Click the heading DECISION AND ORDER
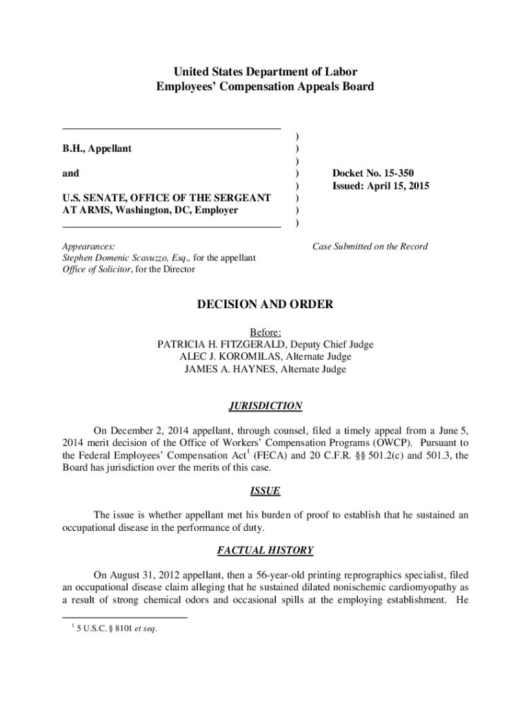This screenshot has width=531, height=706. coord(265,304)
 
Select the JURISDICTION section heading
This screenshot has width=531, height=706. coord(265,406)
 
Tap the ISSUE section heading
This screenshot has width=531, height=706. coord(265,492)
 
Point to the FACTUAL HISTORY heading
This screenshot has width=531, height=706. coord(265,550)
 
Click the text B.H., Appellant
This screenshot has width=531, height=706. coord(97,148)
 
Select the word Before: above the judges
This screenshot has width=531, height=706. coord(265,332)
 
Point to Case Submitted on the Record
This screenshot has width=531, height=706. coord(370,246)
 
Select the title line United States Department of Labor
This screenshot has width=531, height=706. coord(265,72)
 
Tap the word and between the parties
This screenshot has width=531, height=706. coord(70,173)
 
